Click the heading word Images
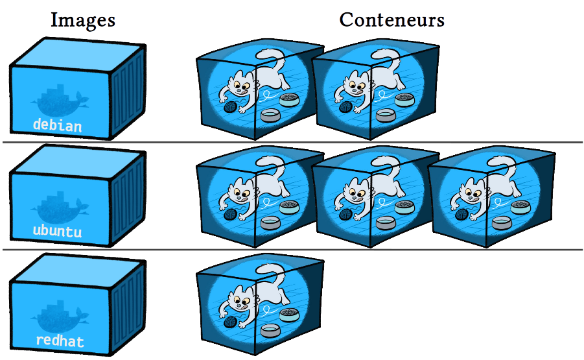(83, 20)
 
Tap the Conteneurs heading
(391, 20)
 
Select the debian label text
(58, 125)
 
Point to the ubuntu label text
(57, 231)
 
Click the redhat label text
(59, 341)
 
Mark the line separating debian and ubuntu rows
(292, 142)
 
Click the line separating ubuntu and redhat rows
(292, 250)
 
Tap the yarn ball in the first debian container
(230, 108)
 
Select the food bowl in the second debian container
(405, 99)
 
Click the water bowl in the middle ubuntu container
(387, 223)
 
